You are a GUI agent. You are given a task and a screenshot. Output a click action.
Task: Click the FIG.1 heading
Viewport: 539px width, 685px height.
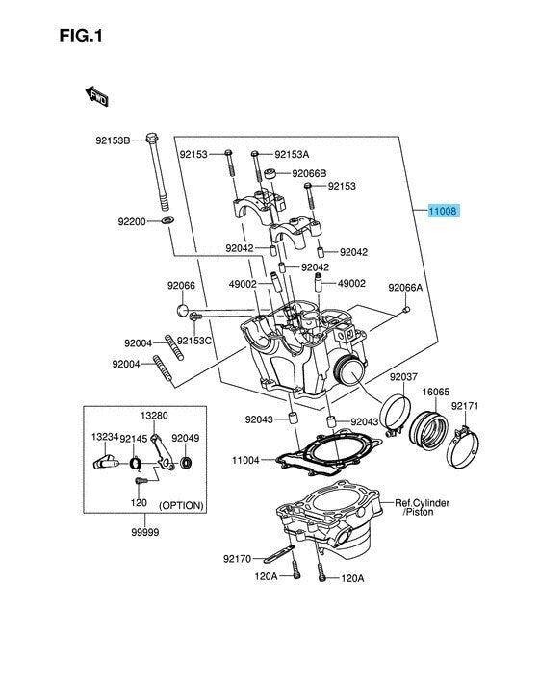pos(81,36)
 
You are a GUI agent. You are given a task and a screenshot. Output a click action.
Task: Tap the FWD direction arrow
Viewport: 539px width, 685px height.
pos(96,96)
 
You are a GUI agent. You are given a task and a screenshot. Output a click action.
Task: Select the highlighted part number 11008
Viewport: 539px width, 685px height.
pos(443,212)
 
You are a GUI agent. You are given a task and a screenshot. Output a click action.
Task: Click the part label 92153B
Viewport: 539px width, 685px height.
pos(113,140)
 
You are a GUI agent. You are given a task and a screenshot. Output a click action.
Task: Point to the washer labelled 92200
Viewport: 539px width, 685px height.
pos(167,219)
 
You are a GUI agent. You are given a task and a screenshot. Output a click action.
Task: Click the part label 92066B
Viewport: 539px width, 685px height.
pos(309,173)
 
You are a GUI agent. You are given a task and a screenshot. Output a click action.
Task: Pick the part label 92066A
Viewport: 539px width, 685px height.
pos(405,288)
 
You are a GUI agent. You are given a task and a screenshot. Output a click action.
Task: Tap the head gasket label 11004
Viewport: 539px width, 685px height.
pos(245,460)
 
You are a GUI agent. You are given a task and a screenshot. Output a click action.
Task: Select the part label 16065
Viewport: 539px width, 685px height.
pos(435,392)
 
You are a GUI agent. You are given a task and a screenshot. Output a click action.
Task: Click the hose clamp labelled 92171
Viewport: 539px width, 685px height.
pos(463,448)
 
